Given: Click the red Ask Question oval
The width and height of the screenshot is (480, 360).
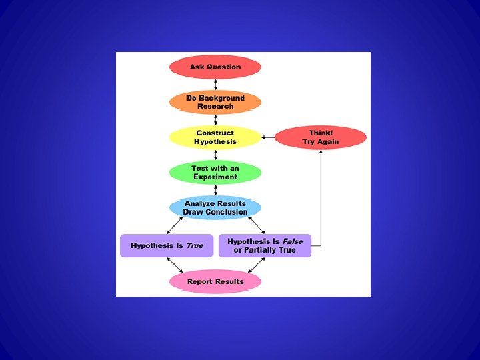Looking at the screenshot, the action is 215,67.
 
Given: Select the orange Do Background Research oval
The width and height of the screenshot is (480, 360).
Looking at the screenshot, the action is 215,102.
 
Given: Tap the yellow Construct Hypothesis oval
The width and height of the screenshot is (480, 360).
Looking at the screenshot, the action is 215,137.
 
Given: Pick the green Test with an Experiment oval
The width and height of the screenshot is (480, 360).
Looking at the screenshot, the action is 215,173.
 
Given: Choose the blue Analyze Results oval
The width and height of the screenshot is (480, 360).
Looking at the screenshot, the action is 215,208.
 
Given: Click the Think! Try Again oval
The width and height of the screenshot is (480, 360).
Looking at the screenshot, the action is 320,137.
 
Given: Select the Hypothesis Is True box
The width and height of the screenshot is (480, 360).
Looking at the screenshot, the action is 167,245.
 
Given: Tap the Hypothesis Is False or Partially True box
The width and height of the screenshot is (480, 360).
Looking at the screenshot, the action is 265,245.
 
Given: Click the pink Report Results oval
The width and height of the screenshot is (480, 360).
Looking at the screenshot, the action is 215,281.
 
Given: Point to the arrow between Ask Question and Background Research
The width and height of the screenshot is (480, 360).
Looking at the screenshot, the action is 215,85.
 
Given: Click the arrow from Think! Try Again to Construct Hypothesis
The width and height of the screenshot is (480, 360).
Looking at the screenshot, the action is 267,137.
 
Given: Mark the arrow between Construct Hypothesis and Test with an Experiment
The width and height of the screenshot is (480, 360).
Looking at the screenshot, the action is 215,155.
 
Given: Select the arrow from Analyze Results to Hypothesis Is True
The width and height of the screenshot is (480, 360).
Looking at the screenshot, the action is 175,225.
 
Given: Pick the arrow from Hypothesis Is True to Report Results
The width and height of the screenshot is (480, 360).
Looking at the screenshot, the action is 175,265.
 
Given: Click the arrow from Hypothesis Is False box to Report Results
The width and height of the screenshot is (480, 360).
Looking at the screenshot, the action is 256,265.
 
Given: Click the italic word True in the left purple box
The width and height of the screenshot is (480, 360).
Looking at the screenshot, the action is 195,246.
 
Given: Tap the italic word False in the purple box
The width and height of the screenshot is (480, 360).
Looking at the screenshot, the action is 292,241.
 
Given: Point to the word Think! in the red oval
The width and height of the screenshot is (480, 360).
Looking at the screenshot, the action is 321,133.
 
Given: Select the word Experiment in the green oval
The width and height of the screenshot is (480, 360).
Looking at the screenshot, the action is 215,177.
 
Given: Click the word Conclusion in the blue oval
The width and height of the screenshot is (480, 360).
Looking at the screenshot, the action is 226,212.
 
